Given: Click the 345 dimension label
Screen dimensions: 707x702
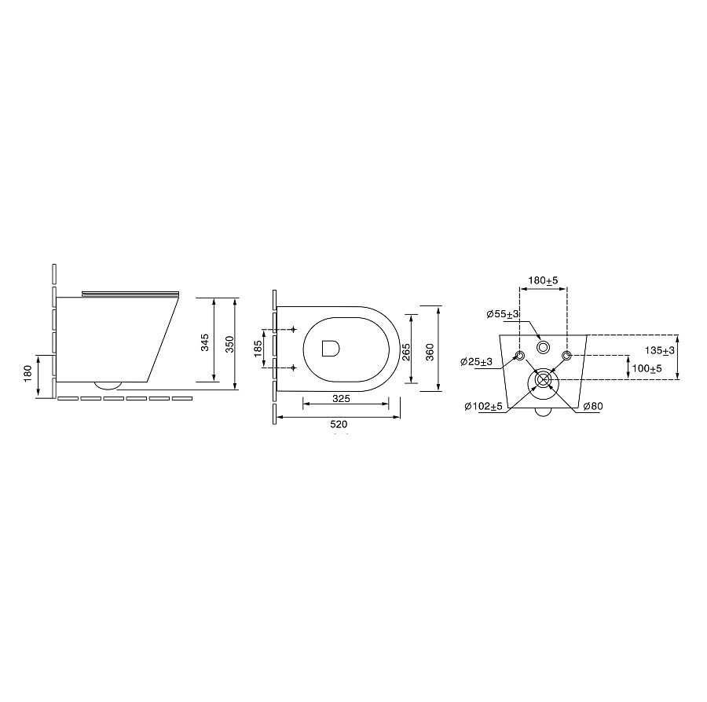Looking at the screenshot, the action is [x=205, y=342].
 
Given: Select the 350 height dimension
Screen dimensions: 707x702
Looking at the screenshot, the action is [x=229, y=344].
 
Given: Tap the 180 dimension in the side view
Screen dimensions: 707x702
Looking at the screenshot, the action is [x=27, y=373].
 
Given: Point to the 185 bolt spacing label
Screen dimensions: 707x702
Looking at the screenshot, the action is [x=258, y=349].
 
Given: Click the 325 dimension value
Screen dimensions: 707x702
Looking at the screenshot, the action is [x=341, y=398].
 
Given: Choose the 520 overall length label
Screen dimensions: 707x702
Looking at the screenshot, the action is [x=339, y=424].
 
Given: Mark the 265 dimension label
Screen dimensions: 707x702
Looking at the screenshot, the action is [x=406, y=352].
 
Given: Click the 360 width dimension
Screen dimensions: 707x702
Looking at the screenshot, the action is [x=430, y=352].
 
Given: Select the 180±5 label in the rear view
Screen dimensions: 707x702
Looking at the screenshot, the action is [x=543, y=280].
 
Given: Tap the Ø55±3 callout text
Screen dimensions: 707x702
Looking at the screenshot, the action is [x=502, y=314].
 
